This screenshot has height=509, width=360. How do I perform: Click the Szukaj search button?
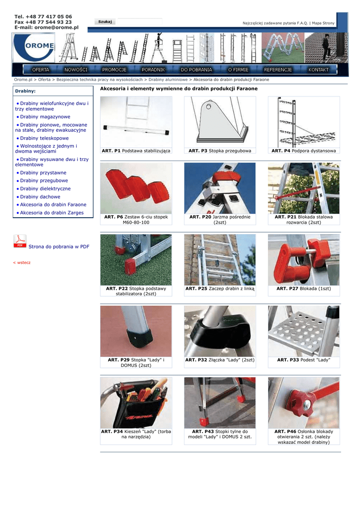point(105,21)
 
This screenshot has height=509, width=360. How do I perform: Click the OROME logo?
point(34,47)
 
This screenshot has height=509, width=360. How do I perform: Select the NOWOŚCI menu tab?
point(76,70)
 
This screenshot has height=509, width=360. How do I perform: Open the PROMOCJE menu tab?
point(114,70)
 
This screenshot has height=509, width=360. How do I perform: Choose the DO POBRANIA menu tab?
point(196,70)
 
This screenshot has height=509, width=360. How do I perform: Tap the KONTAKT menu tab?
point(318,70)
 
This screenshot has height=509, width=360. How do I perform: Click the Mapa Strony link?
point(323,23)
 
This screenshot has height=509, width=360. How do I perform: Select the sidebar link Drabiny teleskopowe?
point(44,138)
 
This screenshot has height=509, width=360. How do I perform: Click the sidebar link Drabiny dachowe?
point(40,197)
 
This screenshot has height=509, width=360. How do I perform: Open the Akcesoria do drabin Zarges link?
point(52,213)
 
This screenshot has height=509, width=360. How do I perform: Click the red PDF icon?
point(20,242)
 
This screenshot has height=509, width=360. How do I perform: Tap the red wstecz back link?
point(22,262)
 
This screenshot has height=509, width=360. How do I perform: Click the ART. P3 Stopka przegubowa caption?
point(220,151)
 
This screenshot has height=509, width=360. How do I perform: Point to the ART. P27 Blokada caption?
point(303,288)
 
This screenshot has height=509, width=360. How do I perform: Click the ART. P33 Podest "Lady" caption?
point(303,360)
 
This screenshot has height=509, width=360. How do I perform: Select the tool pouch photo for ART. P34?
point(136,403)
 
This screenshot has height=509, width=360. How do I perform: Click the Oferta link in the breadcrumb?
point(44,80)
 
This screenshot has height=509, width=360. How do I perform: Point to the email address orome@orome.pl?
point(57,28)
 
